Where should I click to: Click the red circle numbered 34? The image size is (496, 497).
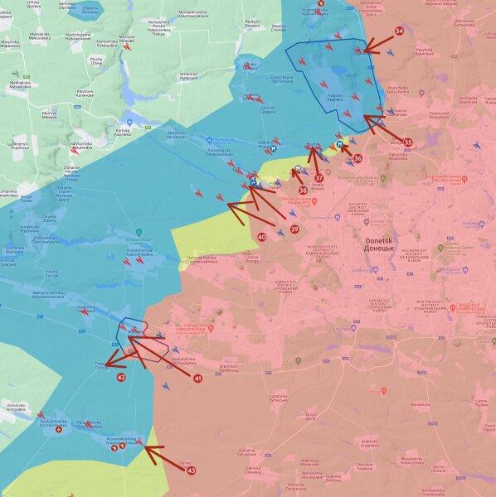point(399,31)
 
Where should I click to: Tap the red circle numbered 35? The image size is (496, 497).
point(407,142)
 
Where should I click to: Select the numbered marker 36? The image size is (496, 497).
point(357,158)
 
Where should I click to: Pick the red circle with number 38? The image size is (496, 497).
point(303,191)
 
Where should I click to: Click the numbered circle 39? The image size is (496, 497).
point(294,229)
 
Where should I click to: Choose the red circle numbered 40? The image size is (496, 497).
point(262,237)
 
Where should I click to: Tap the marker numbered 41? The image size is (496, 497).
point(197,378)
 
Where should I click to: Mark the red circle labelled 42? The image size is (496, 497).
point(121,377)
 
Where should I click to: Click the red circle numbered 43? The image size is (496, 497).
point(192,470)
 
